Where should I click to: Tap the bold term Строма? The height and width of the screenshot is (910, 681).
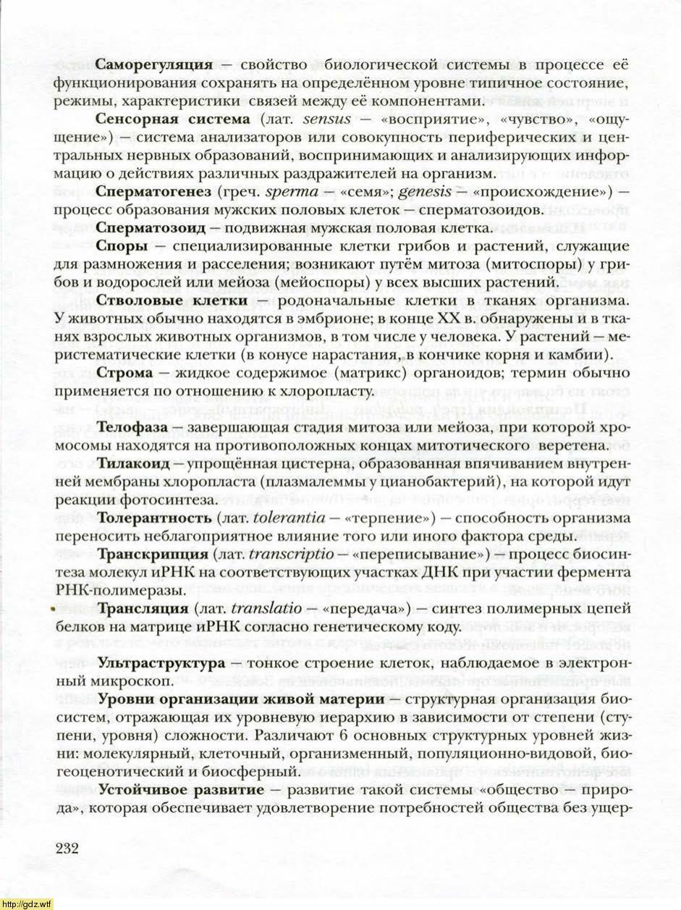(x=125, y=373)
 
